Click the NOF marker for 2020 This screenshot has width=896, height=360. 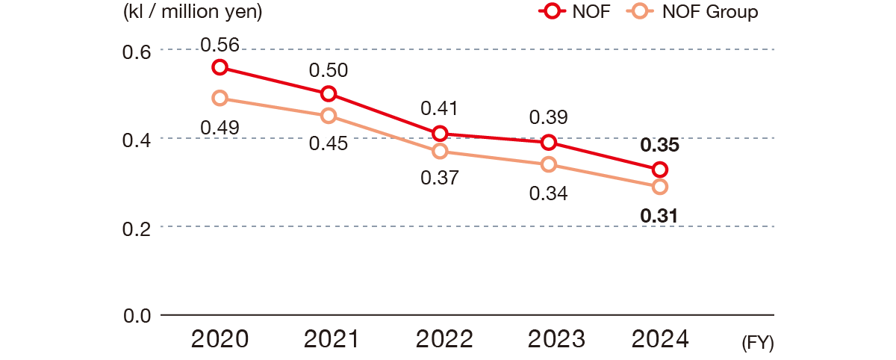220,67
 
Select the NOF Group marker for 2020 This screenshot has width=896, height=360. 220,98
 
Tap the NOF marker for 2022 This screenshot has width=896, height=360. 440,134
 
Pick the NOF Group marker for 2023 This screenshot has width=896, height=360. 549,164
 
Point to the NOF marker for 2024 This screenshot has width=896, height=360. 659,170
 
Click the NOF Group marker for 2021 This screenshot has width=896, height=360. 329,116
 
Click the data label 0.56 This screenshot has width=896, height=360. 220,46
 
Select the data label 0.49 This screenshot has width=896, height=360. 220,128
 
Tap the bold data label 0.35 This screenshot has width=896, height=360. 659,146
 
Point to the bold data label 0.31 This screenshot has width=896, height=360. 659,217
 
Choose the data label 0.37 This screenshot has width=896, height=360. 440,178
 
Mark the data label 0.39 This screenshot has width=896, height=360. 549,117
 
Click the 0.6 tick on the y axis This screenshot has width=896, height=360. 137,52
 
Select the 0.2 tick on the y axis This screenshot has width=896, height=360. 137,227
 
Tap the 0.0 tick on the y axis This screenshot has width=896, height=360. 137,315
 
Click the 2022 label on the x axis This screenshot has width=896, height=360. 444,340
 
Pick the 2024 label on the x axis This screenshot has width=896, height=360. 660,340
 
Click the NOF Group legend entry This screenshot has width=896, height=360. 709,12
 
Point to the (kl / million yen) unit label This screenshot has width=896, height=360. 192,12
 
